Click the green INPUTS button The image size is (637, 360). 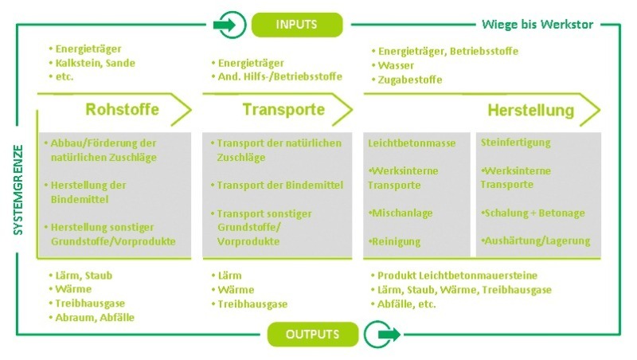coord(297,25)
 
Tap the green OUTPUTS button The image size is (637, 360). coord(312,335)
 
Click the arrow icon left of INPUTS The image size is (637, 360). coord(229,25)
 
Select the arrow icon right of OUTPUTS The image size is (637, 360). coord(382,334)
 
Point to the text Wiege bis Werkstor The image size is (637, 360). coord(537,25)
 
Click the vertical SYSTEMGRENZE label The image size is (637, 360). coord(18,190)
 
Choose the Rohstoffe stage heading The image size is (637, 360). coord(122,109)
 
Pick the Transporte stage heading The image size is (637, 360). coord(283,109)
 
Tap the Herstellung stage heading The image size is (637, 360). coord(530,110)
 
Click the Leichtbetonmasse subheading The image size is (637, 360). coord(412,143)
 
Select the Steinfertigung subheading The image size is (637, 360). coord(515,143)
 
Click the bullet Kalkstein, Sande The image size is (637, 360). coord(92,63)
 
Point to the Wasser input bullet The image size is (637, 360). coord(393,65)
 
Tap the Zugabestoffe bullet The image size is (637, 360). coord(407,80)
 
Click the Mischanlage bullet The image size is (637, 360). coord(401,213)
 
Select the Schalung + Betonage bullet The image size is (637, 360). coord(533,213)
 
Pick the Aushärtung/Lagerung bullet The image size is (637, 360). coord(535,241)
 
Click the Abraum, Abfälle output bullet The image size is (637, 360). coord(92,317)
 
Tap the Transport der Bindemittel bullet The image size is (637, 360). coord(277,186)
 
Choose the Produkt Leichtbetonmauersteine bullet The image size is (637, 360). coord(454,276)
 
